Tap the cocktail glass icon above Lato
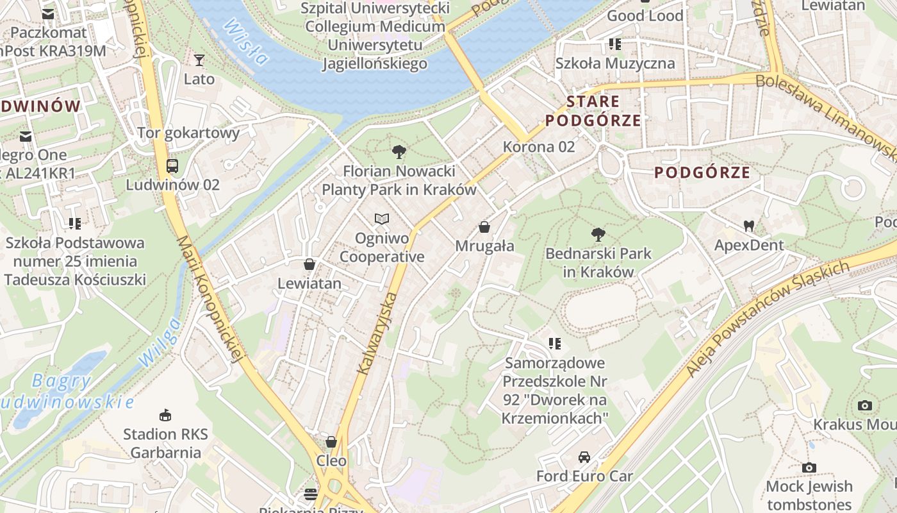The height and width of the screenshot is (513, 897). click(x=199, y=60)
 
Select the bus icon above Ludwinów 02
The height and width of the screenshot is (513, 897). click(x=172, y=166)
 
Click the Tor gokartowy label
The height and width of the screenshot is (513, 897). click(x=188, y=133)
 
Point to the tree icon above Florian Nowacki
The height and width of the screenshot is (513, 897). click(x=399, y=152)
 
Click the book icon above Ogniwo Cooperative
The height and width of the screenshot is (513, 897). click(x=382, y=219)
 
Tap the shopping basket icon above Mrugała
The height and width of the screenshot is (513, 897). click(x=484, y=227)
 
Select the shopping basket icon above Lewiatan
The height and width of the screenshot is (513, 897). click(x=309, y=264)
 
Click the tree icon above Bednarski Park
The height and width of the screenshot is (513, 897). click(x=598, y=235)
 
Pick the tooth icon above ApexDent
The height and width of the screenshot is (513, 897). click(x=749, y=226)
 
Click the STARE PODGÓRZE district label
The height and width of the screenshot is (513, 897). click(x=593, y=111)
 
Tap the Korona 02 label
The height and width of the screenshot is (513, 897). click(x=539, y=147)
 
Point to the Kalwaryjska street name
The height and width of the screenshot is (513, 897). click(x=377, y=333)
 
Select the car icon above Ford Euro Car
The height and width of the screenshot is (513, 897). click(x=584, y=457)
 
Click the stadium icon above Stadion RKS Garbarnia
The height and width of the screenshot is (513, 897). click(x=165, y=416)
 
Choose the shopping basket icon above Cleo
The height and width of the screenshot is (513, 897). click(x=331, y=442)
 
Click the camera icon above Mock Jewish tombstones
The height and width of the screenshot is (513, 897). click(x=809, y=467)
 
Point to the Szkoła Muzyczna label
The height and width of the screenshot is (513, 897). click(x=615, y=63)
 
